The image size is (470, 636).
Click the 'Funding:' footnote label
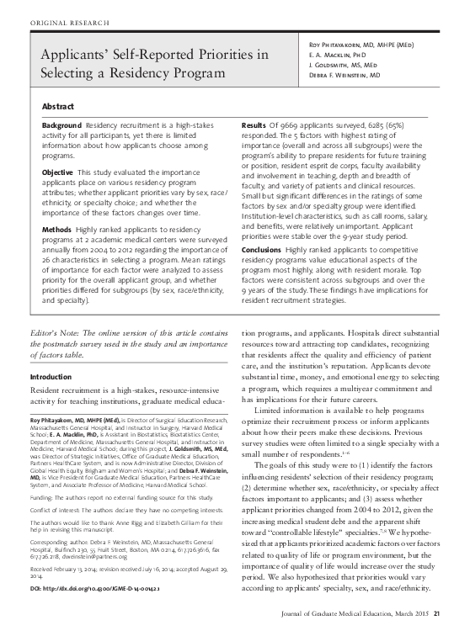coord(43,498)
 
